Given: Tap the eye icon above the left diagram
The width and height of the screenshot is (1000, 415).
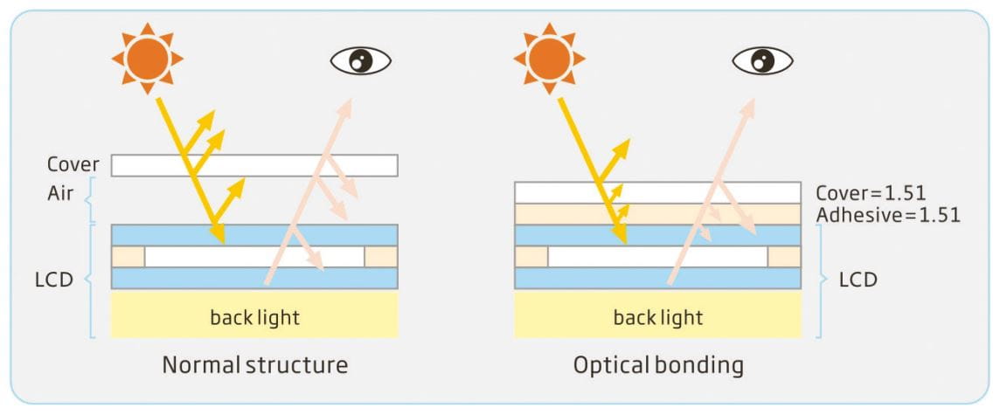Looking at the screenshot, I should (x=360, y=60).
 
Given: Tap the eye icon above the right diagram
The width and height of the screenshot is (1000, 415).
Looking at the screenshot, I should (x=762, y=60).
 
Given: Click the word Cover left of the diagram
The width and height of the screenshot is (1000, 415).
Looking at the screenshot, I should (x=73, y=164).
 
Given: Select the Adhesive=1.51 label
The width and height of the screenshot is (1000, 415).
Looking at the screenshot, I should (x=886, y=214).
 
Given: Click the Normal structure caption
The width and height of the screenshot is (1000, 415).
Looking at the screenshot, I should (x=254, y=364).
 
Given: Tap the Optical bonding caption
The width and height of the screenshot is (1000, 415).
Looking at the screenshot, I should (x=658, y=364).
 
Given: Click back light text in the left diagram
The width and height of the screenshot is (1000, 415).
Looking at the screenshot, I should (x=254, y=316).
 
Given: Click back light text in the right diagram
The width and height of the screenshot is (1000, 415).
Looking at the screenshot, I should (x=657, y=316).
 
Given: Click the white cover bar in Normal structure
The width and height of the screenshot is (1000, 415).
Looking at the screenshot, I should (x=254, y=165).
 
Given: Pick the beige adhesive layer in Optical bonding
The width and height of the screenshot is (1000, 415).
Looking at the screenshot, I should (x=657, y=214).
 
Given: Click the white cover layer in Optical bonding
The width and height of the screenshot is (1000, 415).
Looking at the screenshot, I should (x=657, y=192).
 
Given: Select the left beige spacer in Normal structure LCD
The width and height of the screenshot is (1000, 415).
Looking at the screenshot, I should (x=128, y=257).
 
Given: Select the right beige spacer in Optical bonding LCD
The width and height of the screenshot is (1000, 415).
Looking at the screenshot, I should (x=784, y=257).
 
